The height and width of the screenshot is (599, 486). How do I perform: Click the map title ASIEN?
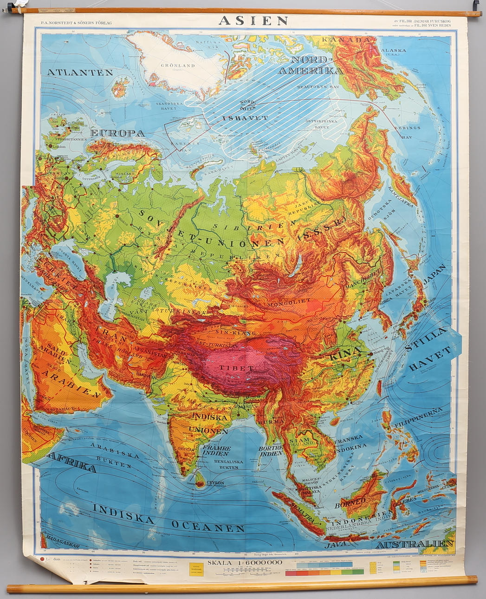pyautogui.click(x=253, y=20)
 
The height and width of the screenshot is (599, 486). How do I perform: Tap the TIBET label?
pyautogui.click(x=237, y=368)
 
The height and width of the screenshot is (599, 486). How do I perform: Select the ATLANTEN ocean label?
pyautogui.click(x=80, y=72)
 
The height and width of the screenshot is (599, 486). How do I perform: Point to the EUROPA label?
pyautogui.click(x=117, y=133)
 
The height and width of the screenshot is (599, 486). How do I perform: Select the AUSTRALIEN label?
pyautogui.click(x=415, y=544)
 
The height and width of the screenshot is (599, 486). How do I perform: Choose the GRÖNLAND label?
pyautogui.click(x=177, y=65)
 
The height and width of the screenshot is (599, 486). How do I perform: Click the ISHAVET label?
pyautogui.click(x=245, y=118)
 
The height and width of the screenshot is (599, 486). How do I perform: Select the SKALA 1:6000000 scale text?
pyautogui.click(x=245, y=562)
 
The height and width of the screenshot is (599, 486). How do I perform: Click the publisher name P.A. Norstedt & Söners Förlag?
pyautogui.click(x=76, y=22)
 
